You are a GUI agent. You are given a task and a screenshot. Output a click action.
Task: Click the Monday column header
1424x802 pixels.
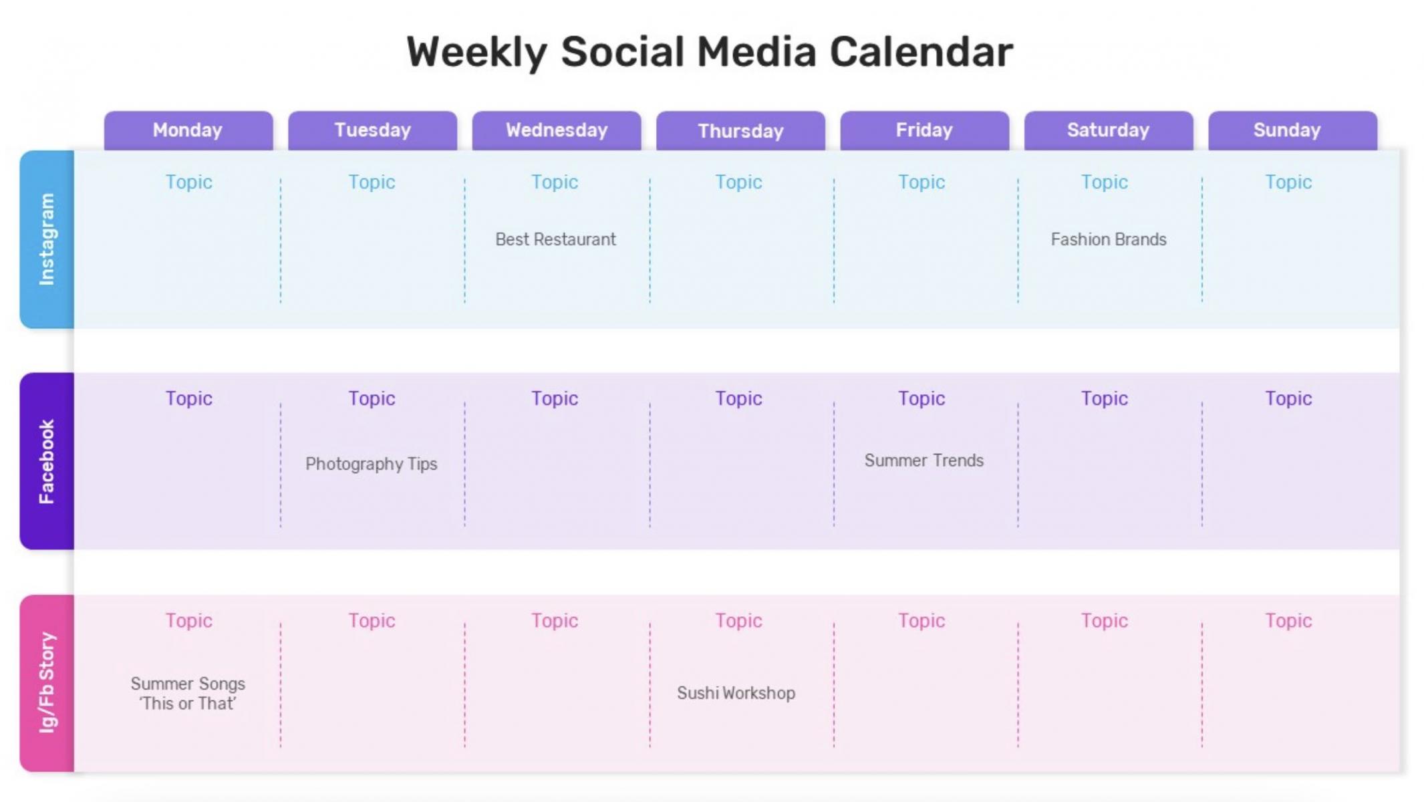pos(188,130)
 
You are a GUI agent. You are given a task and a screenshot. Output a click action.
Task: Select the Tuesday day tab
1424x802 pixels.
pos(373,130)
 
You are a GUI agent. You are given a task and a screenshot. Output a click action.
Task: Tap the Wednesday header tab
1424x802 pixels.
pos(557,130)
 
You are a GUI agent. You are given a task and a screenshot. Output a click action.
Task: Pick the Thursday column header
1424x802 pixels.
pos(740,130)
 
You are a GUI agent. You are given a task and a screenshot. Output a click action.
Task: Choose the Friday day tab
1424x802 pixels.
pos(925,130)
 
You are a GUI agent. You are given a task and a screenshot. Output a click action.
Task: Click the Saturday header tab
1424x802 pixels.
pos(1109,130)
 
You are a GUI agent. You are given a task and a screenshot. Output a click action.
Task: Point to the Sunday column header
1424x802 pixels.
pos(1293,130)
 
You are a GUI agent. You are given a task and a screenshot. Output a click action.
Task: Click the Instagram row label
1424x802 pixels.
pos(47,239)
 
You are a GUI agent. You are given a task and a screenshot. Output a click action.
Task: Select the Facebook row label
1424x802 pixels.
pos(47,461)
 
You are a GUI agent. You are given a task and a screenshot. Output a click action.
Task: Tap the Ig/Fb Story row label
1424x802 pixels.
pos(47,683)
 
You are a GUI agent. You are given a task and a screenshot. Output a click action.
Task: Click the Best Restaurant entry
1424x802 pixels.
pos(555,239)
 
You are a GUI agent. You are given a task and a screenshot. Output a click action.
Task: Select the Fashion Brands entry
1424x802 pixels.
pos(1109,239)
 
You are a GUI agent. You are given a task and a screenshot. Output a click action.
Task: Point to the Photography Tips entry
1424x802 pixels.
pos(372,464)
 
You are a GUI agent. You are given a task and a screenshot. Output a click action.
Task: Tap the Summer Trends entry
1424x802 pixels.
pos(924,460)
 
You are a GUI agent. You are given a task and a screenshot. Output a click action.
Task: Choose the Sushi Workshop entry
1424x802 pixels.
pos(736,693)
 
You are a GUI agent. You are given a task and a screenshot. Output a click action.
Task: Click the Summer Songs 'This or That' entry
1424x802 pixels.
pos(188,694)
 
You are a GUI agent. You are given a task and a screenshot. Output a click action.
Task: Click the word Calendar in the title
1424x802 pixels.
pos(921,52)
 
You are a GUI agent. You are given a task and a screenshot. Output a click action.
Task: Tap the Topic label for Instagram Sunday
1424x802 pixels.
pos(1288,182)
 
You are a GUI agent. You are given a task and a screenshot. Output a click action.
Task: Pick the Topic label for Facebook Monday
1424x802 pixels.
pos(189,399)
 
